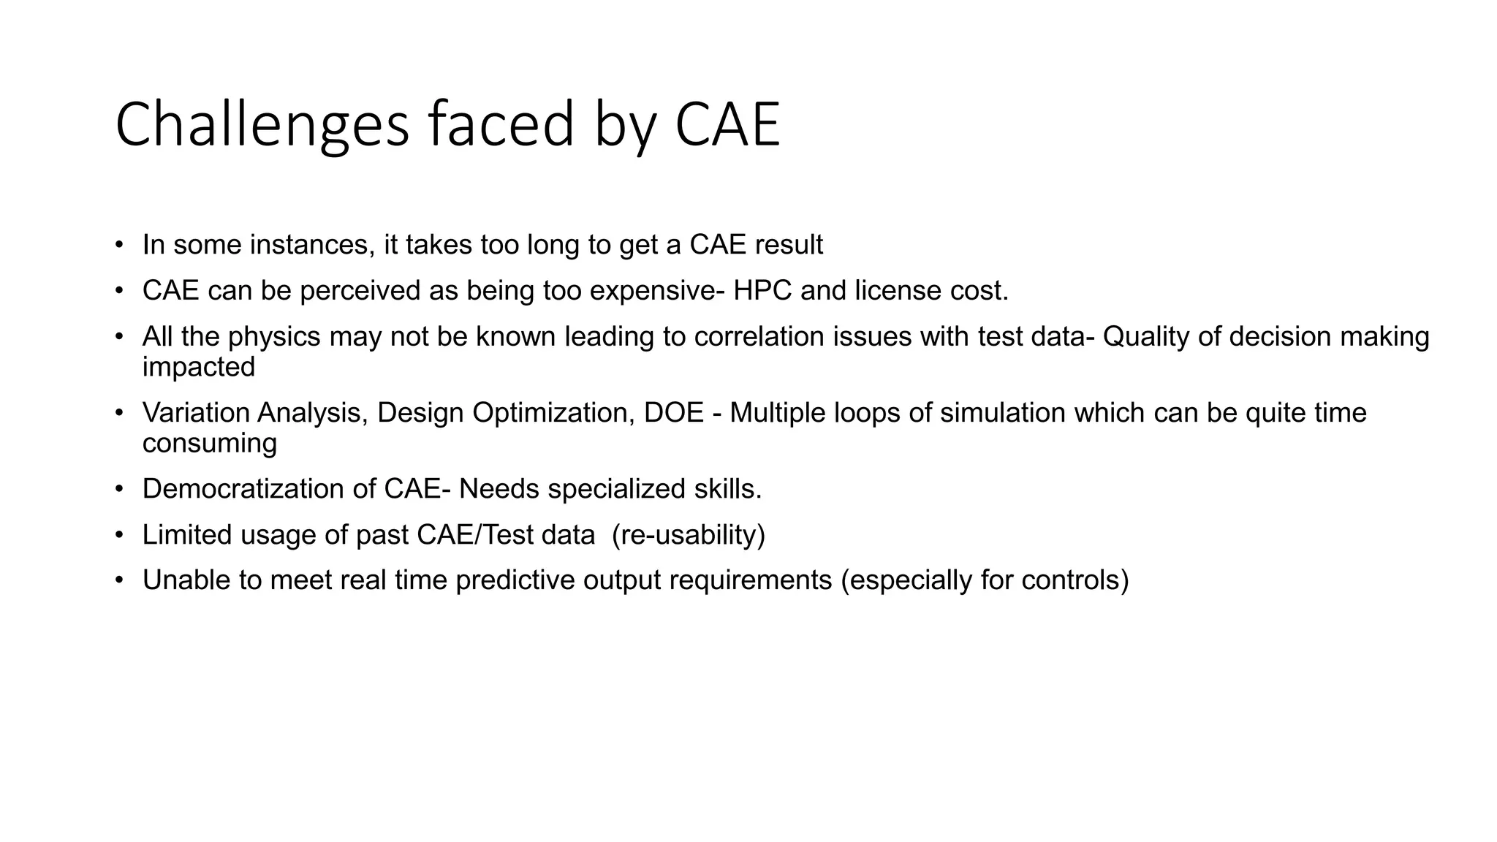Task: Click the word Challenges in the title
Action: pos(262,125)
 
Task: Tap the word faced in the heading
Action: pos(501,125)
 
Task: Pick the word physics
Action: pos(274,337)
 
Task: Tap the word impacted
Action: pos(199,367)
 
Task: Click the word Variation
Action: pos(195,413)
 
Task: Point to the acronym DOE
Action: pos(673,413)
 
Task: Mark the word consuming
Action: pos(210,444)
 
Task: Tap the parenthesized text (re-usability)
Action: pos(688,535)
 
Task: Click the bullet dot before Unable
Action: pos(119,580)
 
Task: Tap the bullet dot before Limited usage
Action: pos(119,535)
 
